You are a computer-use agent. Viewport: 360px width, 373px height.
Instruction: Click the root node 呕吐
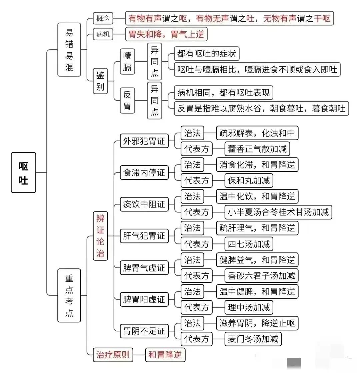23,173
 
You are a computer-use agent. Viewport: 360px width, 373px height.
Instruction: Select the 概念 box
103,18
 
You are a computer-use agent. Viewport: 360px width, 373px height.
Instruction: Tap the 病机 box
103,34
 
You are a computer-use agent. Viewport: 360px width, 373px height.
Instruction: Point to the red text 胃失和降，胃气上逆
166,34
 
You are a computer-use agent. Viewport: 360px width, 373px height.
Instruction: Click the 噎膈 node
127,62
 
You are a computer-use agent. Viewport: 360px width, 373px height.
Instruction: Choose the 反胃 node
127,100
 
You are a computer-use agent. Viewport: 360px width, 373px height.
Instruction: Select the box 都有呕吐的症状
207,54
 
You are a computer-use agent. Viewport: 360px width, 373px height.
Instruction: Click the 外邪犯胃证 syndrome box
144,141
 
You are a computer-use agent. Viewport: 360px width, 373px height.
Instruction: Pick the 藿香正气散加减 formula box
257,149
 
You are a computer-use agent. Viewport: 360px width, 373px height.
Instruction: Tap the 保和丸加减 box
249,181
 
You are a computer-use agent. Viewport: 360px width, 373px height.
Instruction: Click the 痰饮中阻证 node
144,204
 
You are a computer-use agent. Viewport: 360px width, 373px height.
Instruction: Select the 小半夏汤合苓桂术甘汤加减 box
278,212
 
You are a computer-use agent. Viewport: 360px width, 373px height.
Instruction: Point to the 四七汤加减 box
249,244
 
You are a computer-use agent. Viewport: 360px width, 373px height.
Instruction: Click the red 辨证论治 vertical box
100,236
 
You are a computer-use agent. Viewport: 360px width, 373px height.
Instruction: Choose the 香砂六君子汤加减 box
261,276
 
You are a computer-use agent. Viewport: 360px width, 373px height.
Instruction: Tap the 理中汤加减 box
249,307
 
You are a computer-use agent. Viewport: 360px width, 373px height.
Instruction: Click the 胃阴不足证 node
144,331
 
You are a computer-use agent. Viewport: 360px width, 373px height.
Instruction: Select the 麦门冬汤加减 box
253,339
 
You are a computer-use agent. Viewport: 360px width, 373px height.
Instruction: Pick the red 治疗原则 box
113,355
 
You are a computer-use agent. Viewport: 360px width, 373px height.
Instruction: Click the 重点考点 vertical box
69,295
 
